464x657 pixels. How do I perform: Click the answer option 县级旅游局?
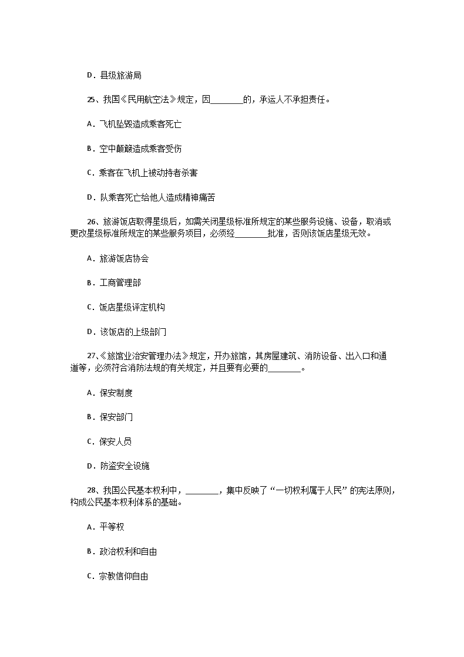(x=120, y=75)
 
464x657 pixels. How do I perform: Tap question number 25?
(x=91, y=100)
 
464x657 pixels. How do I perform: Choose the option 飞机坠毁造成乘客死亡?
(x=136, y=124)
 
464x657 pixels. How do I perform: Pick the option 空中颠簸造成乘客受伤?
(x=136, y=149)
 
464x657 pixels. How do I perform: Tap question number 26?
(x=91, y=222)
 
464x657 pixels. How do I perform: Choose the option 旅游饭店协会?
(x=124, y=258)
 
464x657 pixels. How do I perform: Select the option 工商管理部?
(x=120, y=283)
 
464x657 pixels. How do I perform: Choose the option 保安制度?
(x=116, y=393)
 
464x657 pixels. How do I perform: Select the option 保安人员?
(x=116, y=442)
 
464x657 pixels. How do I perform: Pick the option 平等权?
(x=112, y=527)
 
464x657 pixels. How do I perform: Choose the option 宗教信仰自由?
(x=123, y=576)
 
